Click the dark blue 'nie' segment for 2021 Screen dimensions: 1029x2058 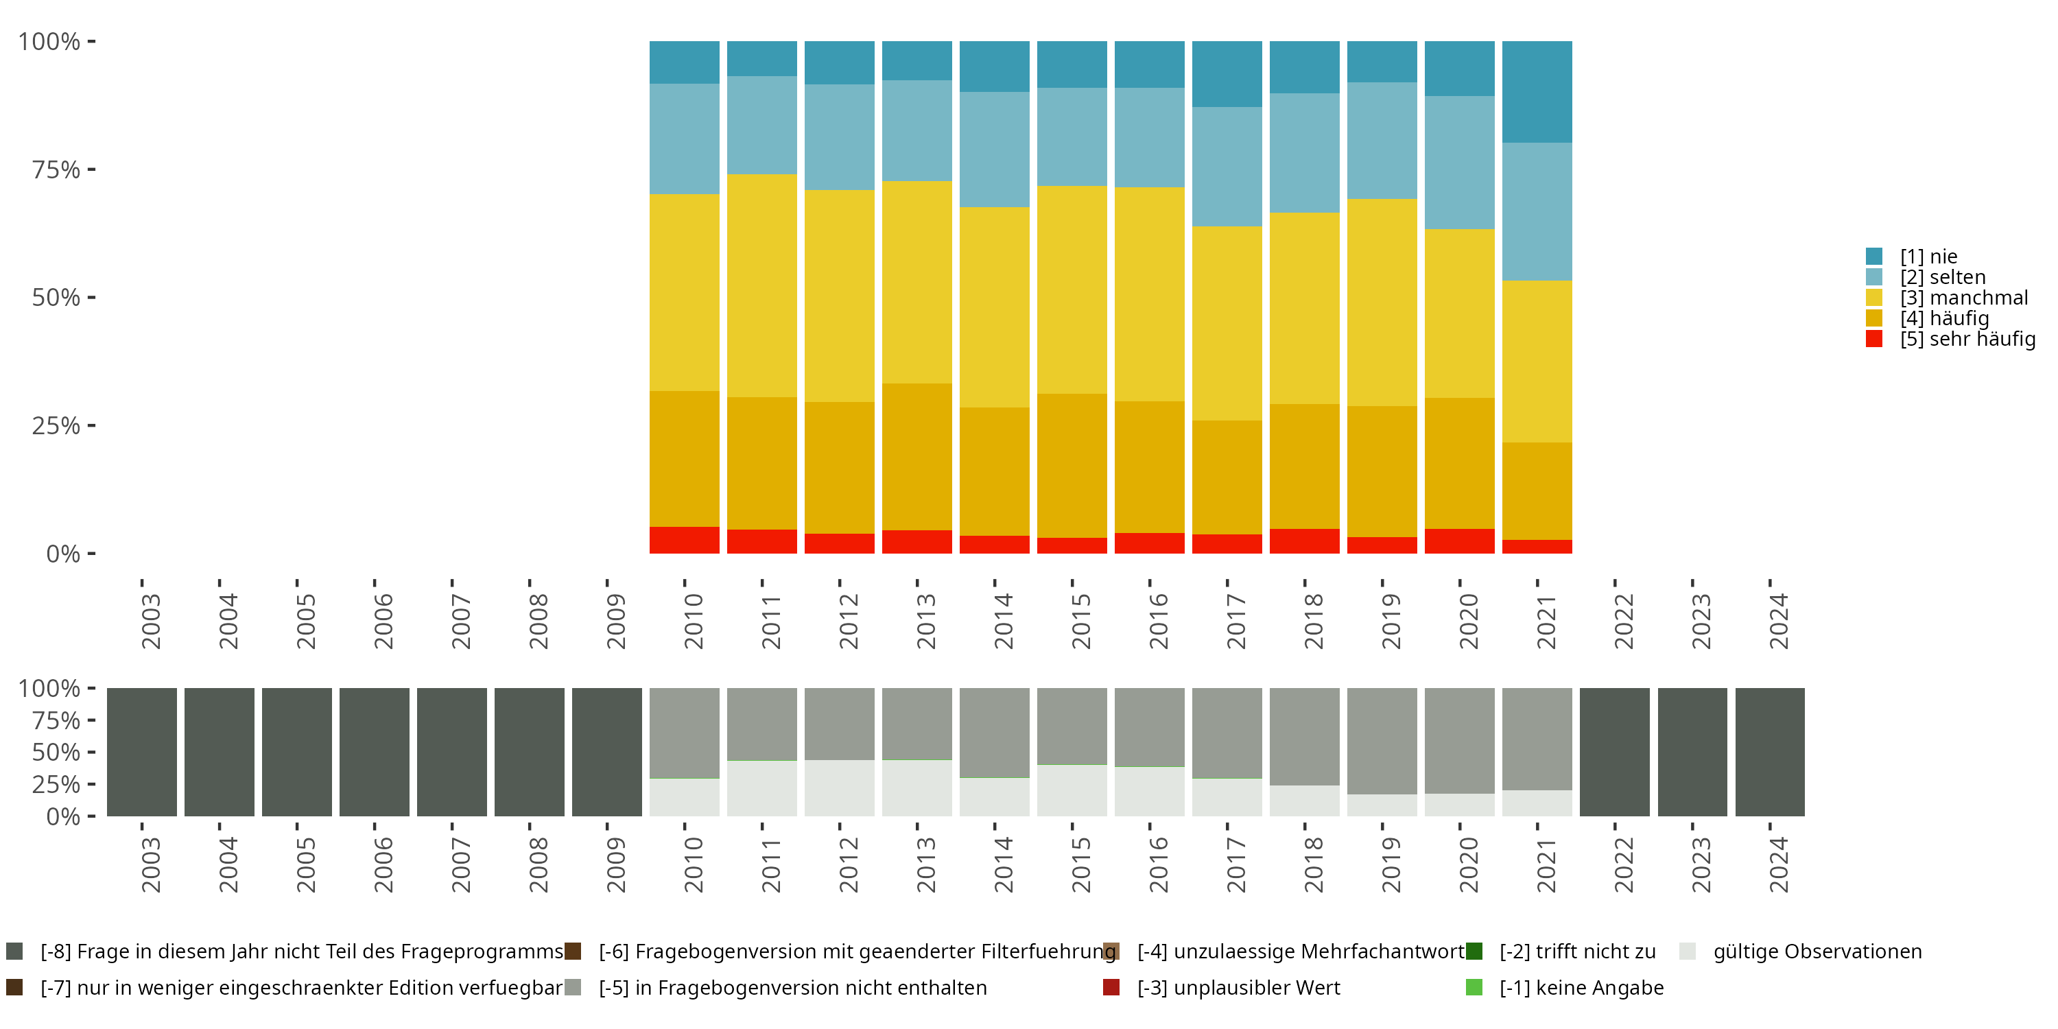pyautogui.click(x=1537, y=92)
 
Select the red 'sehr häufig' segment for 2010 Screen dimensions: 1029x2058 pyautogui.click(x=684, y=540)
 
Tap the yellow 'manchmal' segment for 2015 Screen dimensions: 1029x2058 pyautogui.click(x=1072, y=289)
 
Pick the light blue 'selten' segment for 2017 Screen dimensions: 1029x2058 pyautogui.click(x=1227, y=166)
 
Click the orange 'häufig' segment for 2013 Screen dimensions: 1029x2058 pyautogui.click(x=916, y=456)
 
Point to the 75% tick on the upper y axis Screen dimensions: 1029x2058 pyautogui.click(x=57, y=169)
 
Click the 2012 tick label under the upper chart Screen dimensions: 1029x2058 pyautogui.click(x=848, y=621)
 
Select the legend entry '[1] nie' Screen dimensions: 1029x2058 pyautogui.click(x=1928, y=257)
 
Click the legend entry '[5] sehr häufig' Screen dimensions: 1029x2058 pyautogui.click(x=1966, y=339)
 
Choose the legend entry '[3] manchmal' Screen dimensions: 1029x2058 pyautogui.click(x=1963, y=298)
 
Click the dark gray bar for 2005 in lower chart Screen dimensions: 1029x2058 pyautogui.click(x=296, y=752)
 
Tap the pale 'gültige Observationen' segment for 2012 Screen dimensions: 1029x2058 pyautogui.click(x=839, y=788)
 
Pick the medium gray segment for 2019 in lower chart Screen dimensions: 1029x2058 pyautogui.click(x=1382, y=741)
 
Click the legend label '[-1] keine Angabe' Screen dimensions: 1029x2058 pyautogui.click(x=1581, y=987)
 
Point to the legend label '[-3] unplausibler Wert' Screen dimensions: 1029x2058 pyautogui.click(x=1238, y=987)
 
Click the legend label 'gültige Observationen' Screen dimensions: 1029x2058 pyautogui.click(x=1817, y=951)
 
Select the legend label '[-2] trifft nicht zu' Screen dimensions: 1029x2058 pyautogui.click(x=1577, y=951)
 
